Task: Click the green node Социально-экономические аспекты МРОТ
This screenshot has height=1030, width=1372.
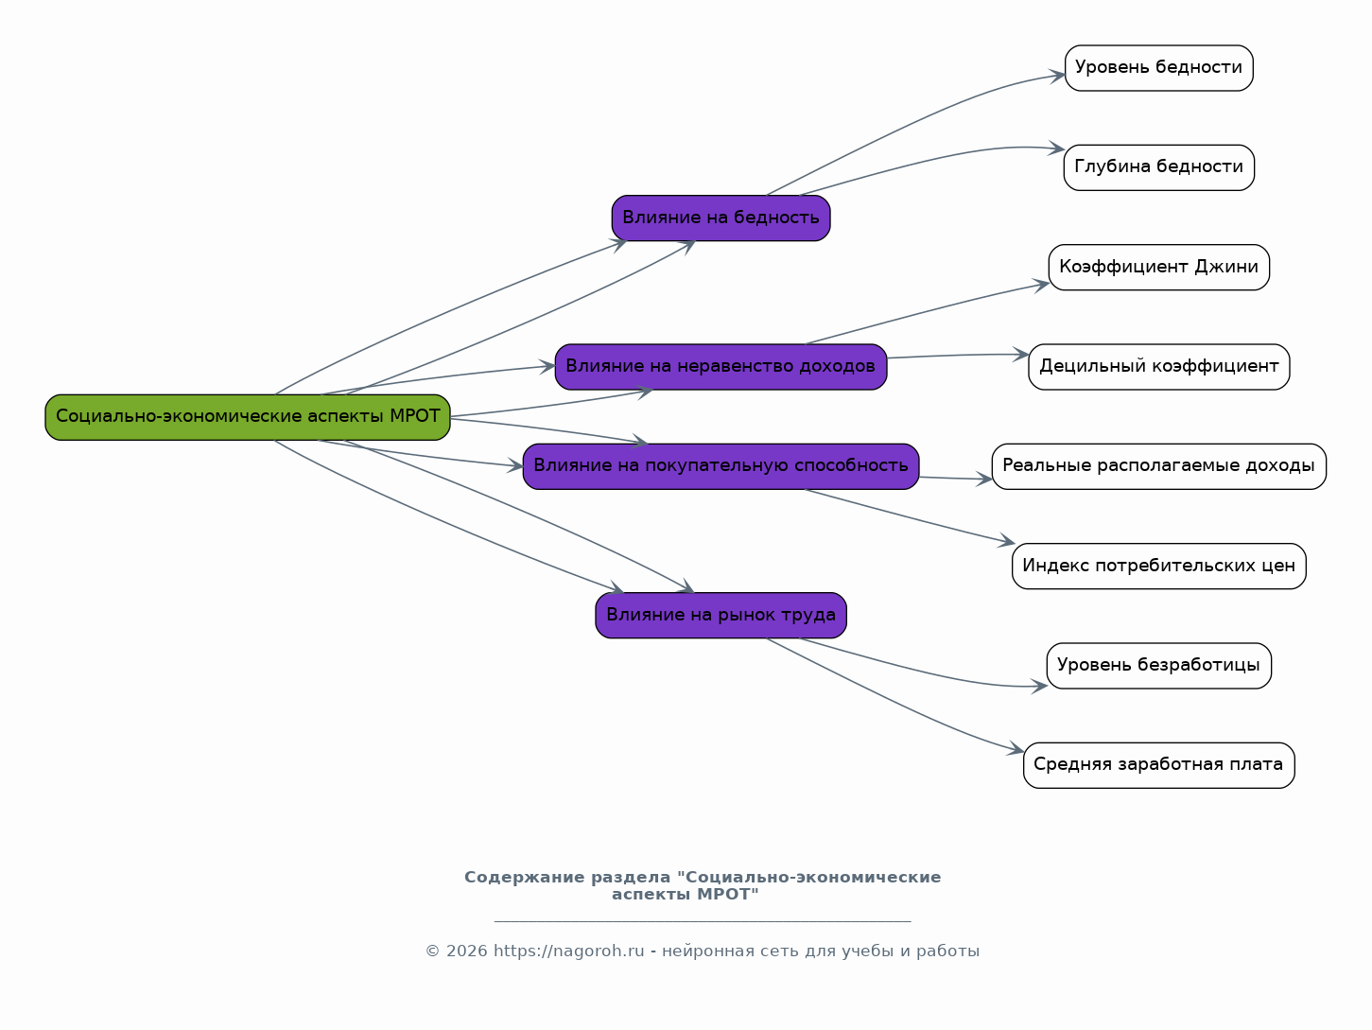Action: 248,417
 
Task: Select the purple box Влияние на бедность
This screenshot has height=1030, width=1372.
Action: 721,218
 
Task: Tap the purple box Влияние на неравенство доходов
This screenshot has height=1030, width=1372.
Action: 721,367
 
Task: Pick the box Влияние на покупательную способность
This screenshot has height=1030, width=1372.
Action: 721,466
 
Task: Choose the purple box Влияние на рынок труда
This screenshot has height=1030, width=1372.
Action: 721,615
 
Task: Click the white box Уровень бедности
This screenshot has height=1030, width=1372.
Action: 1159,68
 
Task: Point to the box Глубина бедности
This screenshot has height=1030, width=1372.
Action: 1159,167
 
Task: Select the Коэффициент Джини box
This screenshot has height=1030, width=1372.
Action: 1159,267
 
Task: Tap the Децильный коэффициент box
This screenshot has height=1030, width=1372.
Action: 1159,367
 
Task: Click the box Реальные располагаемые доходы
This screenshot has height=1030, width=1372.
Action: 1159,466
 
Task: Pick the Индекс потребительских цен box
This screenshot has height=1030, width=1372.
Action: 1159,566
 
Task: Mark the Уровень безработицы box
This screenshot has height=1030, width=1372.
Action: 1159,666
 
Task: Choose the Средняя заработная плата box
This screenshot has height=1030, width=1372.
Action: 1159,765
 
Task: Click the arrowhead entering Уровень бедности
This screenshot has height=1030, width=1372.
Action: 1057,77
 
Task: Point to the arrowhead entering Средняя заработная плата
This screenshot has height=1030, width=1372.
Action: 1016,749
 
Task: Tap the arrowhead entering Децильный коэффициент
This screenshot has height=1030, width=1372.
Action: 1021,355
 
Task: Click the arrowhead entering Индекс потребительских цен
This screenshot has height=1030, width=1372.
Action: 1007,541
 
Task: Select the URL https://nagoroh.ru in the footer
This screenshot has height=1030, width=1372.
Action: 569,951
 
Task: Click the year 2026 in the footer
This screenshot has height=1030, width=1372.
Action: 466,951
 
